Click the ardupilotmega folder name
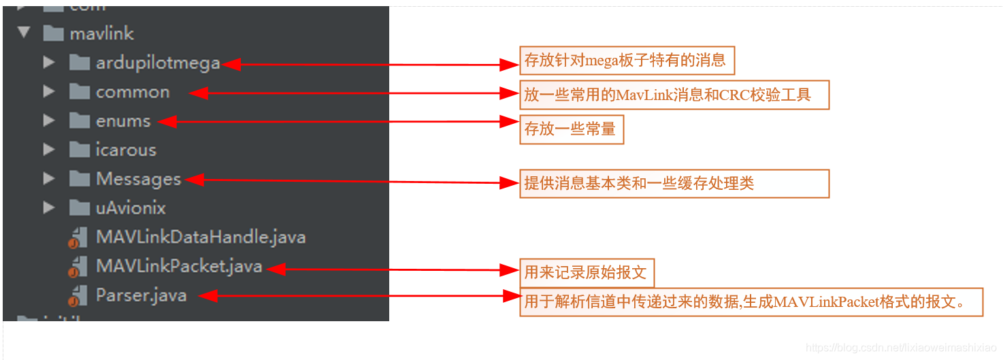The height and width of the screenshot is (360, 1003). pos(158,63)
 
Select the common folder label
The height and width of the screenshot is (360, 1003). pos(133,92)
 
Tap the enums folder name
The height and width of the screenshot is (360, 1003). pos(123,121)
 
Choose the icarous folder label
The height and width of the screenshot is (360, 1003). pos(126,150)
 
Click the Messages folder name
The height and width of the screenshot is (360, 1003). pos(139,179)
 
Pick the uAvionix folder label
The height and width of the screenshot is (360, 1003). pos(131,208)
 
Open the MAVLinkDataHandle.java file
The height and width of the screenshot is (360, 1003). pos(201,237)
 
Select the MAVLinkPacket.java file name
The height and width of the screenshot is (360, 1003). pos(179,266)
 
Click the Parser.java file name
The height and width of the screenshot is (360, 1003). pos(141,295)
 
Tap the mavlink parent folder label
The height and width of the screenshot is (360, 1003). pos(101,33)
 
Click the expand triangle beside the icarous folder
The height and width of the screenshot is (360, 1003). pos(49,150)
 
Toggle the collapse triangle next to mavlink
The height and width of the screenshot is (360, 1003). pos(24,33)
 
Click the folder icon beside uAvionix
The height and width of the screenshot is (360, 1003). pos(80,208)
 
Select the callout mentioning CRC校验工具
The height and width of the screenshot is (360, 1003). pos(674,95)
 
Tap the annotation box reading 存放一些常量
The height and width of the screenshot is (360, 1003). pos(572,129)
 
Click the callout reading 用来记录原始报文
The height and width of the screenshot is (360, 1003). pos(587,273)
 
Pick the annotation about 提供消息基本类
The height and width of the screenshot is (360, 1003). pos(674,183)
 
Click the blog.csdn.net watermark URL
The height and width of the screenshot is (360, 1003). pos(901,348)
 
